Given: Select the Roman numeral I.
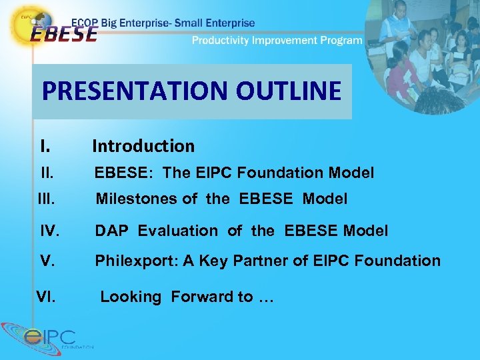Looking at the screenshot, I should point(45,146).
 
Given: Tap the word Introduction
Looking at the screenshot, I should point(143,146).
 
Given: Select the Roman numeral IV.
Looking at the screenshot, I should point(50,231).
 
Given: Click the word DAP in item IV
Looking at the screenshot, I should point(113,231).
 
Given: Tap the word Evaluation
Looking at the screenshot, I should point(177,231).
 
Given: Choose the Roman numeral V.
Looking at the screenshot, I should point(47,261).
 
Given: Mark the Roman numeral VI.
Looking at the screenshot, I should point(46,297).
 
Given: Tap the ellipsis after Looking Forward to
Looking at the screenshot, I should point(265,297).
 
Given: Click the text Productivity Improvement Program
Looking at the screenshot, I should point(277,40).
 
